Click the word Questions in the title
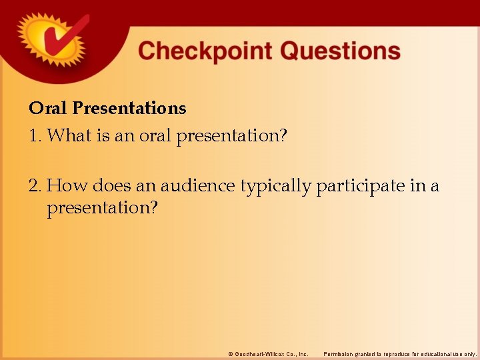pyautogui.click(x=340, y=51)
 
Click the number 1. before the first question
pyautogui.click(x=35, y=136)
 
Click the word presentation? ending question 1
pyautogui.click(x=231, y=137)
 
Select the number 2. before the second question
pyautogui.click(x=35, y=185)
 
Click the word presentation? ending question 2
pyautogui.click(x=102, y=209)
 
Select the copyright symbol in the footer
pyautogui.click(x=231, y=353)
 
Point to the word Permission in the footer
pyautogui.click(x=339, y=353)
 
